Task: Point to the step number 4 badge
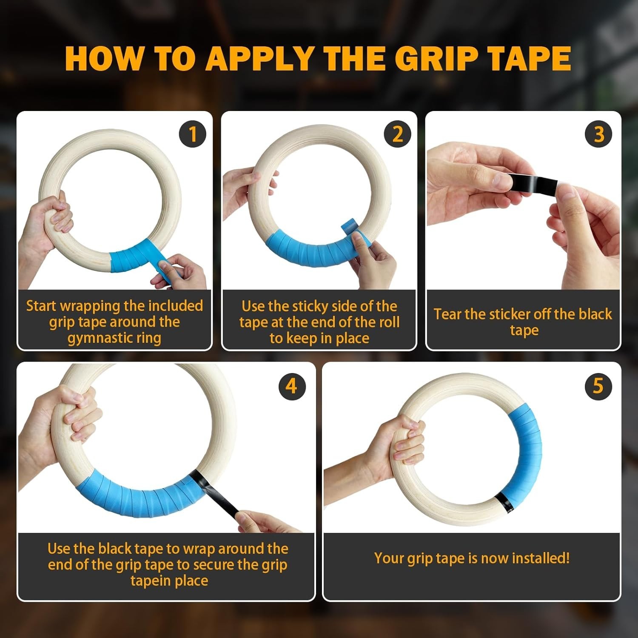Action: (292, 386)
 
